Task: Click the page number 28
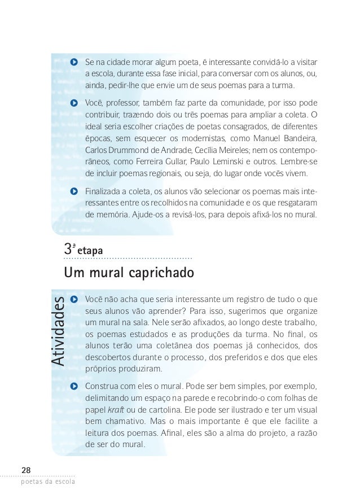pos(27,470)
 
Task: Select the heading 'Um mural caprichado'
pos(130,273)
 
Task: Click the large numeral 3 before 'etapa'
pos(69,248)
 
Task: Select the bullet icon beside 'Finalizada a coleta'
pos(74,191)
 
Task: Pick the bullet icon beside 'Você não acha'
pos(74,299)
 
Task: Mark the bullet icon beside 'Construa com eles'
pos(74,386)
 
